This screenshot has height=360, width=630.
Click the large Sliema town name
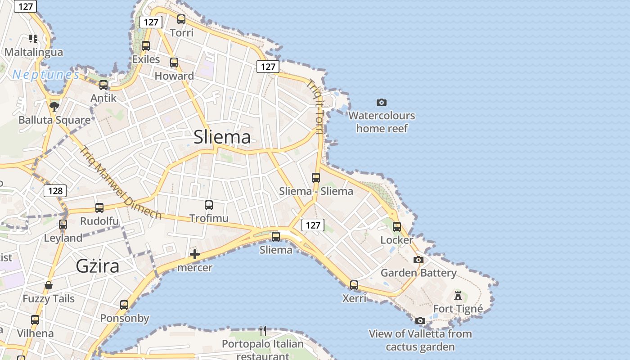(222, 137)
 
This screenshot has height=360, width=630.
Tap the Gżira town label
(98, 266)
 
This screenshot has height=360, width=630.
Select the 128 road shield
(55, 191)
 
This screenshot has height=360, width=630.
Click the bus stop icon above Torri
(181, 19)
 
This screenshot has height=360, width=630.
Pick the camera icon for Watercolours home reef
(382, 103)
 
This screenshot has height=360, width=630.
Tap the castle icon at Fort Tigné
(458, 296)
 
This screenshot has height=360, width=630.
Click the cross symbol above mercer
(195, 254)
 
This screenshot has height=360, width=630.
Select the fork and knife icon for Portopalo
(263, 331)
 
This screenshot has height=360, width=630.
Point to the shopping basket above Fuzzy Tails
(49, 285)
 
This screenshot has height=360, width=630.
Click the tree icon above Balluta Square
(54, 107)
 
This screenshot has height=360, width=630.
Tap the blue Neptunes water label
(46, 75)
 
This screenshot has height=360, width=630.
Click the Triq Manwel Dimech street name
(120, 183)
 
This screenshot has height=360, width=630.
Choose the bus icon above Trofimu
(209, 205)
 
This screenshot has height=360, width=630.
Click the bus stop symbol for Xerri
(354, 285)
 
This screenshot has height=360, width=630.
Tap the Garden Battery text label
(418, 273)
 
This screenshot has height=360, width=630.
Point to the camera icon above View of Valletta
(420, 320)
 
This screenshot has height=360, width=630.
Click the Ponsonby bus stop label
(125, 318)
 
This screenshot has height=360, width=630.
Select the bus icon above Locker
(397, 226)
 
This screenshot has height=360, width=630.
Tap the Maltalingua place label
(34, 52)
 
